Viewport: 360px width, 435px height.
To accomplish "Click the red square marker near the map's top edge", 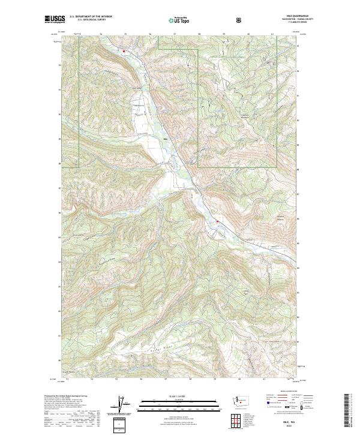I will click(x=124, y=52).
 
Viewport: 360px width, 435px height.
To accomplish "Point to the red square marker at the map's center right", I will click(x=217, y=221).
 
